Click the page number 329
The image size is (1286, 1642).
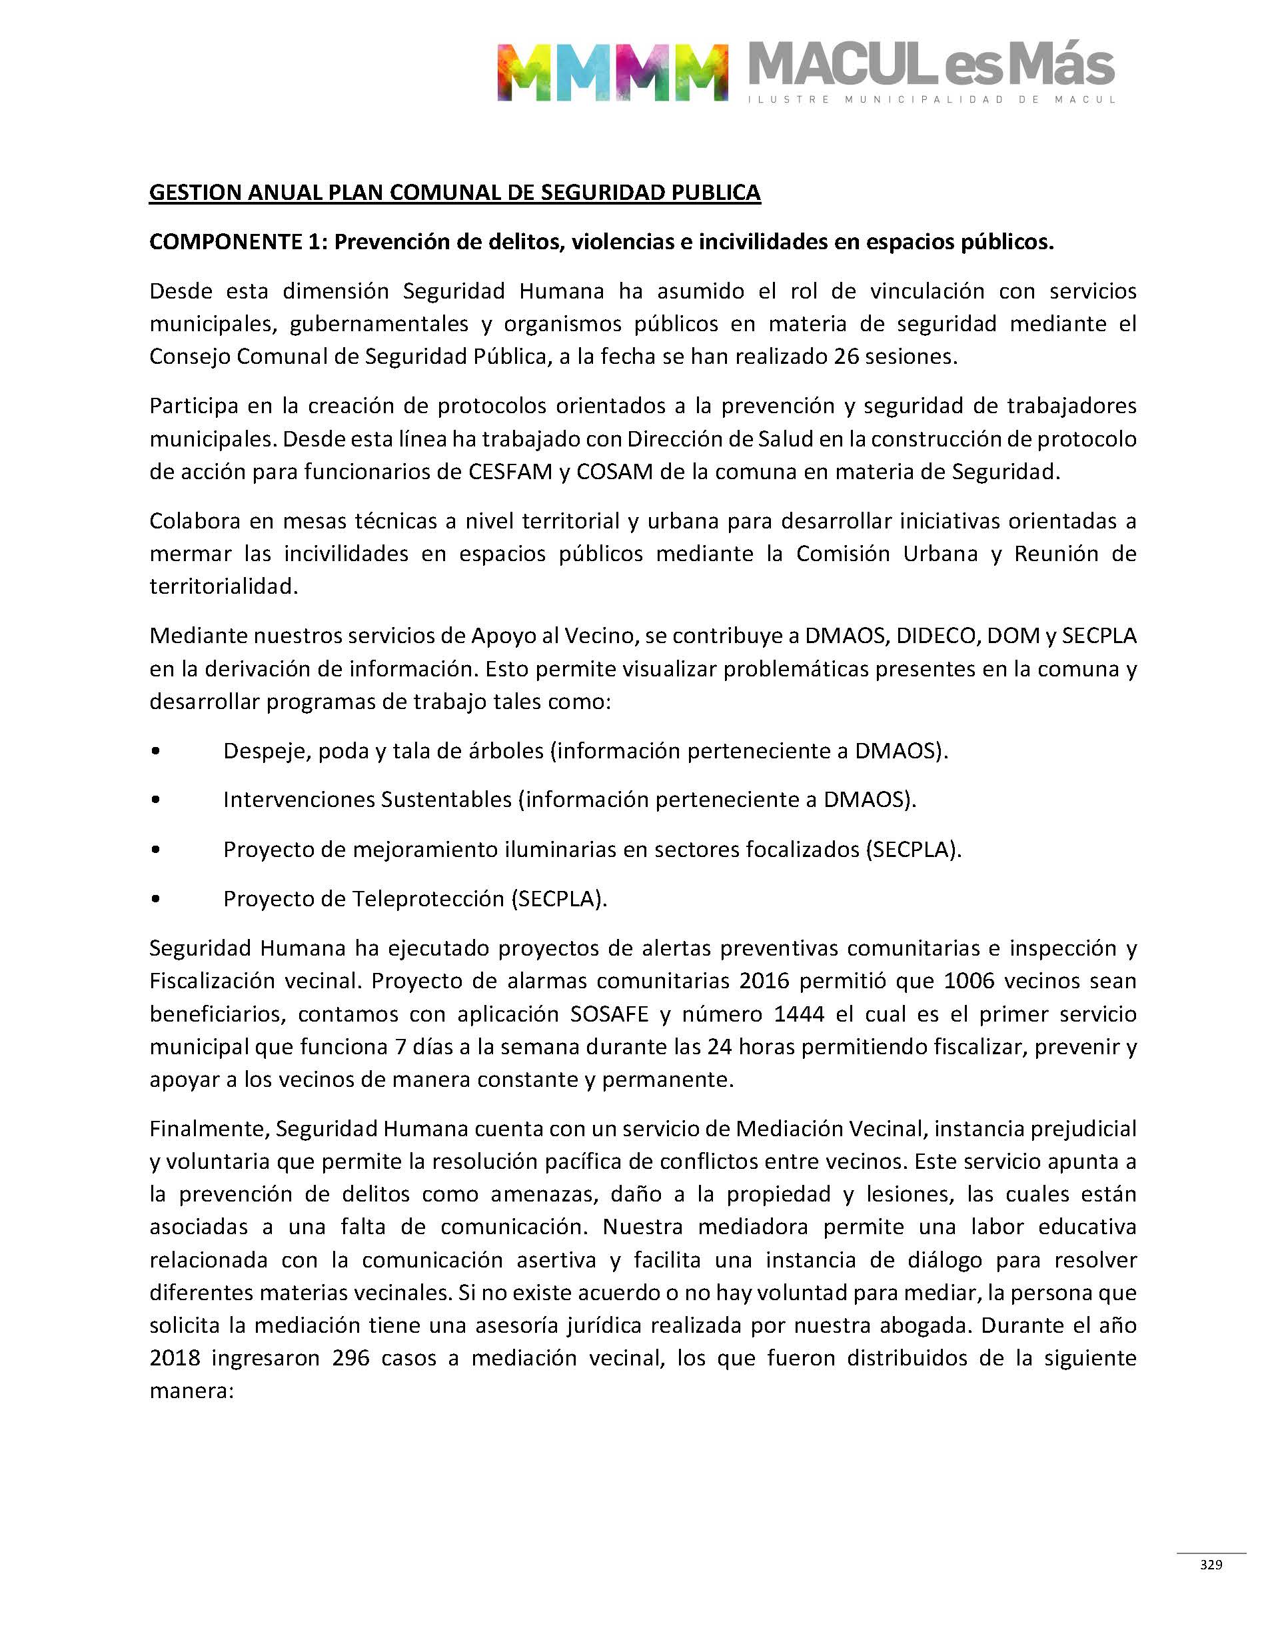1211,1565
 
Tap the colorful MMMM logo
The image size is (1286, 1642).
612,72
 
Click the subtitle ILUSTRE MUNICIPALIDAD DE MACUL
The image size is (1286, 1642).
932,99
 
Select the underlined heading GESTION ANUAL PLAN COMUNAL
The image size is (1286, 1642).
455,193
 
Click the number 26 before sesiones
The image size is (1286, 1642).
846,356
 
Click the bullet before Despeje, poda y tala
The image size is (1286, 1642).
155,750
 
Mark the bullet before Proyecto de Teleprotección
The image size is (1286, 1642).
155,898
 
